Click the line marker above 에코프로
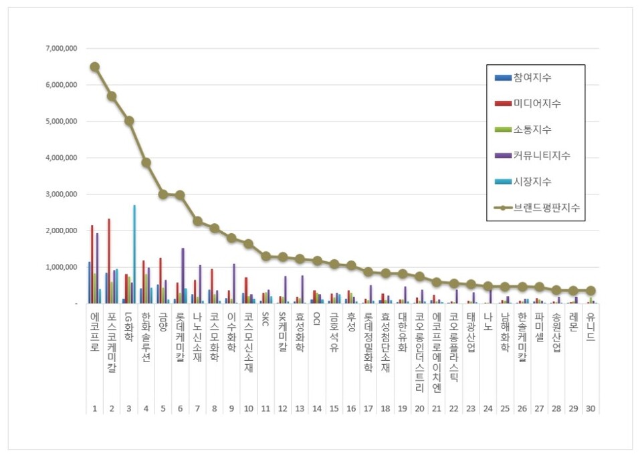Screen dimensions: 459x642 (x=95, y=67)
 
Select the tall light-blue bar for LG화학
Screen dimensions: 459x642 (x=134, y=254)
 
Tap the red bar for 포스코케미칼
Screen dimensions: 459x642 (x=109, y=261)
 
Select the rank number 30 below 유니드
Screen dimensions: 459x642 (x=591, y=407)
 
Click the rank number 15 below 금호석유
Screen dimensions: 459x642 (x=334, y=407)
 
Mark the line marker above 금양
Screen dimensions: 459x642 (x=163, y=194)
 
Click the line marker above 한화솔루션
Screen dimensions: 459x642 (x=146, y=162)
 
